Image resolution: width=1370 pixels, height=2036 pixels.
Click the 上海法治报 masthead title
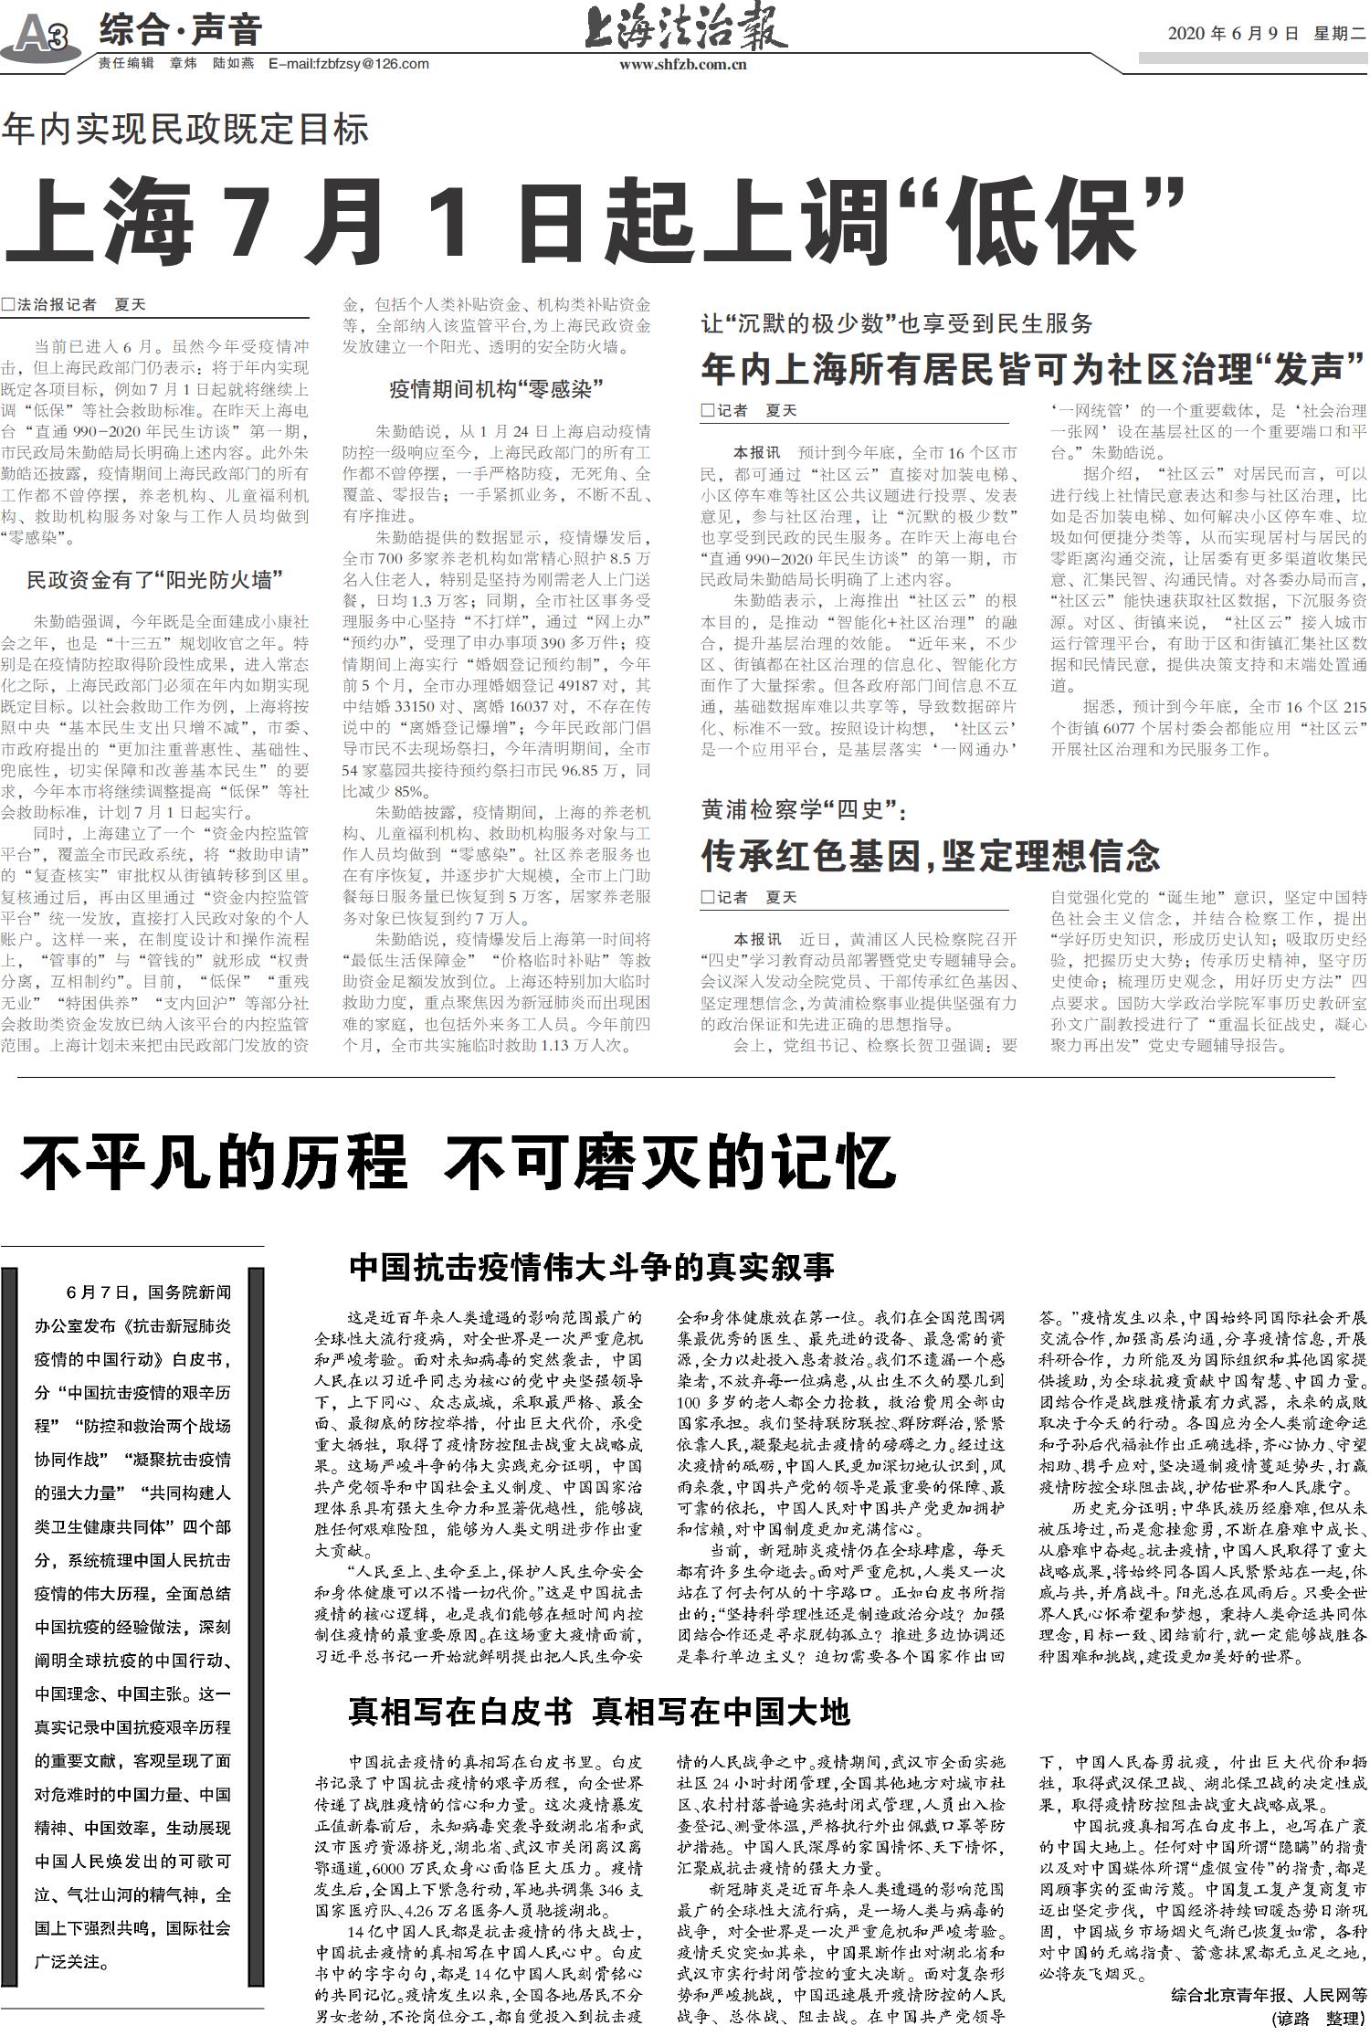685,31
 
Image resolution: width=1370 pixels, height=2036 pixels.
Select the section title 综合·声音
181,30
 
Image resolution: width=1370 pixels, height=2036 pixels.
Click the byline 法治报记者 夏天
73,305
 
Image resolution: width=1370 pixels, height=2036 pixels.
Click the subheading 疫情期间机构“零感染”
496,389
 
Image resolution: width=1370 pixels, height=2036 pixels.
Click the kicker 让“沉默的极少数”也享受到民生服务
896,322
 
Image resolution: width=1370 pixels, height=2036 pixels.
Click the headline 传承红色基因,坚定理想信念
930,856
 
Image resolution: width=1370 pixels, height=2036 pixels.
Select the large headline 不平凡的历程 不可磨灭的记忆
457,1163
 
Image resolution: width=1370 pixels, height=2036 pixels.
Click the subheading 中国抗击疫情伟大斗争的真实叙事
592,1267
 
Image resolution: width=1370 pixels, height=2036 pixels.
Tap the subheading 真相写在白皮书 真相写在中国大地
599,1711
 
